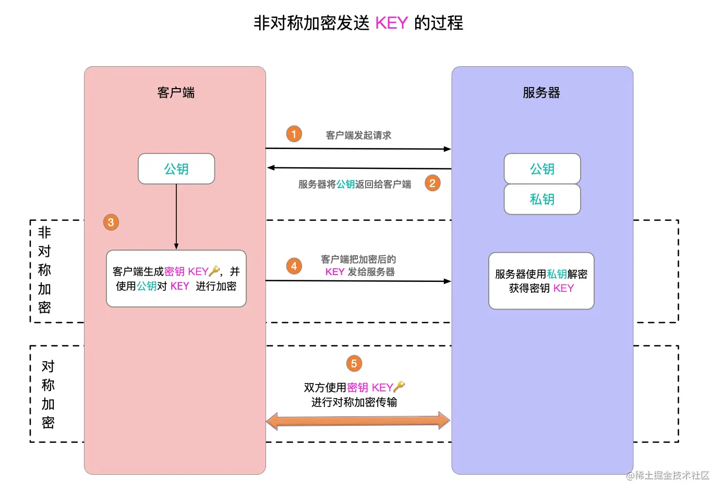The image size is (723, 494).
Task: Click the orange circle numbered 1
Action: tap(294, 134)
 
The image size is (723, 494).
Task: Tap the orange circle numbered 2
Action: tap(432, 183)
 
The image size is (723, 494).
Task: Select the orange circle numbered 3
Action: tap(111, 223)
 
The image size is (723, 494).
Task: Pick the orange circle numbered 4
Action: tap(294, 266)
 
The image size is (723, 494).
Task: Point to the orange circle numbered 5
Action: tap(354, 363)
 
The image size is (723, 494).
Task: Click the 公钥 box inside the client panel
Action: tap(176, 169)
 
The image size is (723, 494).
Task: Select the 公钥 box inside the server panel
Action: tap(542, 169)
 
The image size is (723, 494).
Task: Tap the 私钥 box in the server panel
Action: tap(542, 199)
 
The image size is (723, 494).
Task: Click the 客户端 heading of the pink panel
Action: tap(176, 93)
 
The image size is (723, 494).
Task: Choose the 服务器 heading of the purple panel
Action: tap(541, 93)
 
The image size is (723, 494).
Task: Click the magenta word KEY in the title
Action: tap(391, 23)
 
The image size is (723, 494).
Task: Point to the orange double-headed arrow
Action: tap(358, 421)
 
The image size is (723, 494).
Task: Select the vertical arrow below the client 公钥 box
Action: tap(176, 216)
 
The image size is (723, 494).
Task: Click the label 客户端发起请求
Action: tap(358, 135)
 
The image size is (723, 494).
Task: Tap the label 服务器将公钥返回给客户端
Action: tap(355, 184)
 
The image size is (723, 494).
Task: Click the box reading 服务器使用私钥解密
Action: tap(541, 281)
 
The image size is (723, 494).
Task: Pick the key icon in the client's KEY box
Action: tap(214, 271)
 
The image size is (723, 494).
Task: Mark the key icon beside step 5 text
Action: tap(399, 387)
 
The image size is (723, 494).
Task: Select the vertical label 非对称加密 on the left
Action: tap(44, 270)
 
